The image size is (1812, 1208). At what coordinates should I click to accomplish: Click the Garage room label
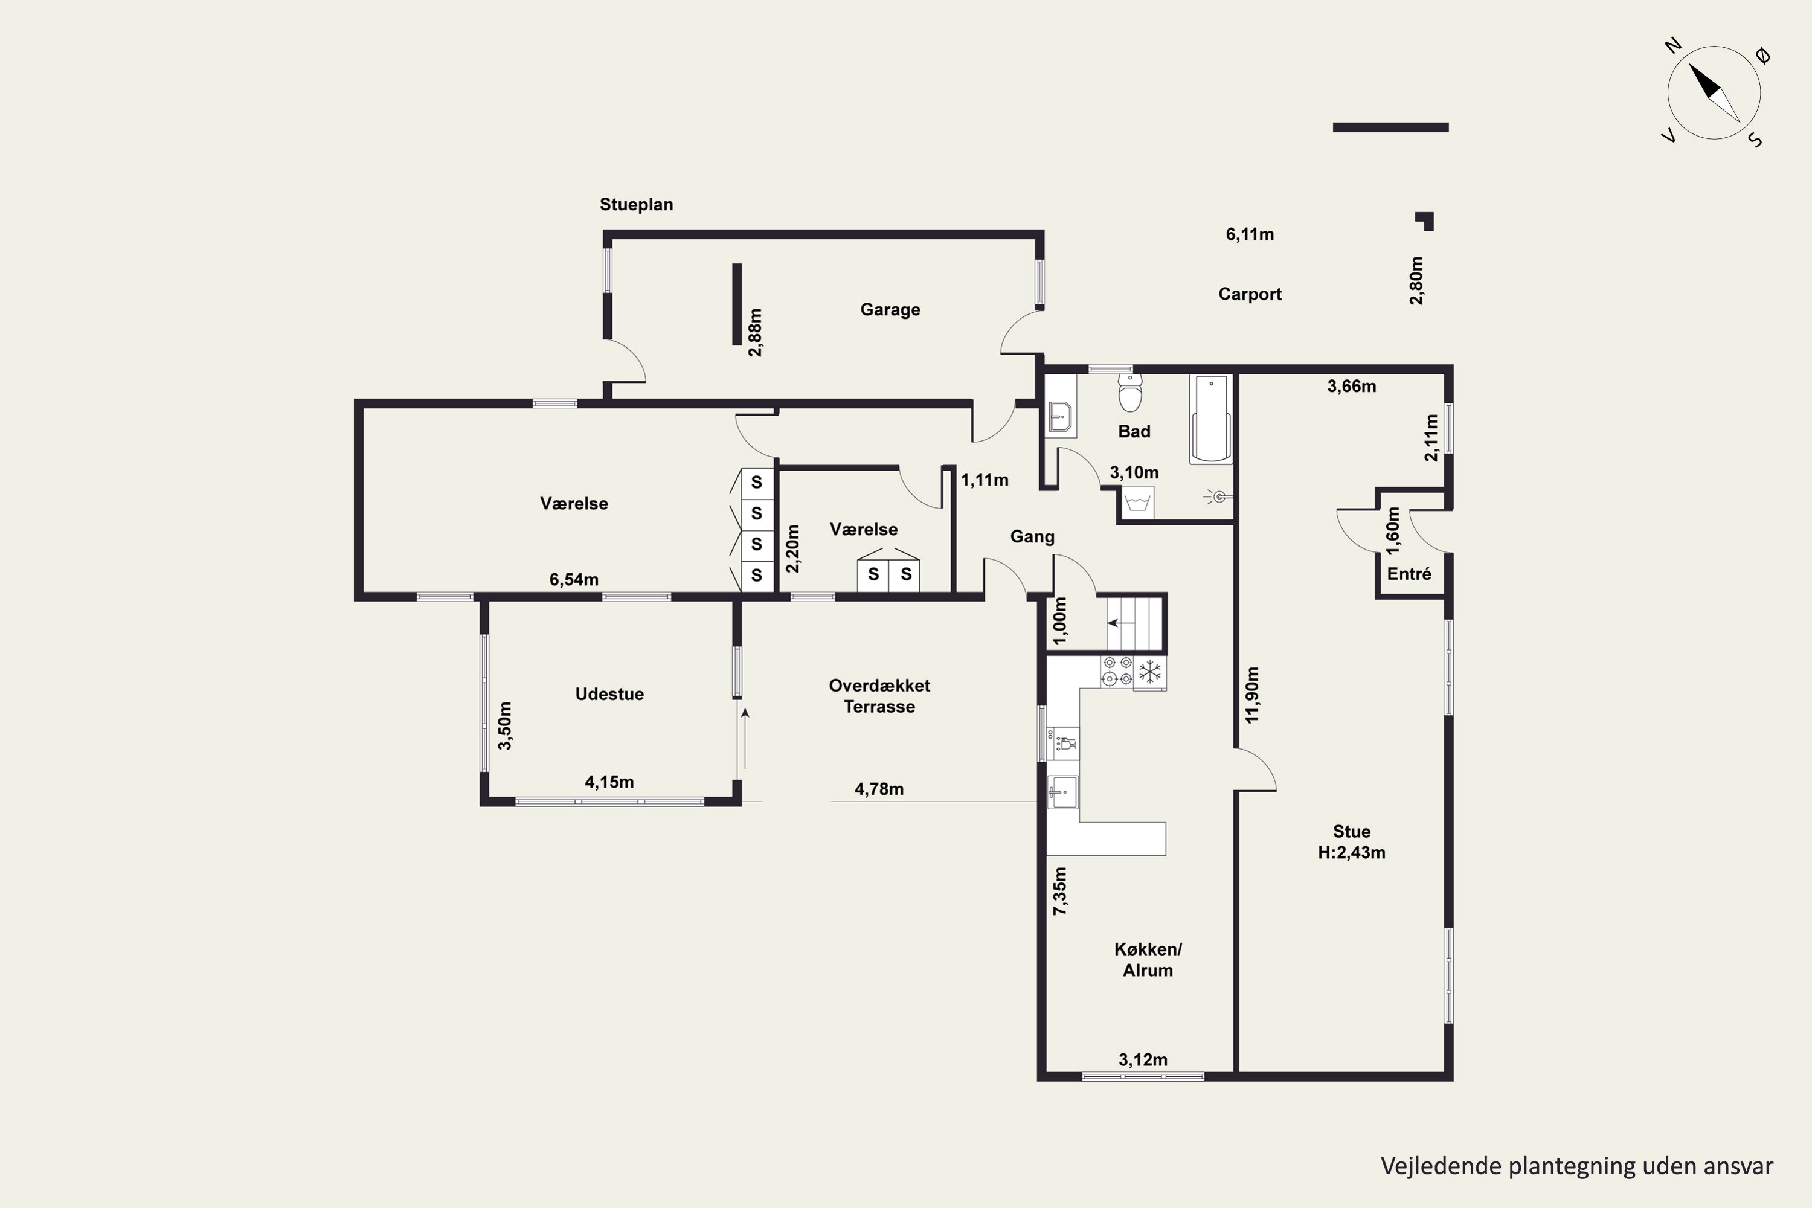(x=890, y=310)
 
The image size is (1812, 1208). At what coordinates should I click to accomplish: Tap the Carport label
(x=1250, y=294)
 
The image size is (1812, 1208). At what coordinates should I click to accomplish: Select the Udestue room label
(x=609, y=694)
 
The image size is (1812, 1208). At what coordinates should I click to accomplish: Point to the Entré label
(x=1409, y=574)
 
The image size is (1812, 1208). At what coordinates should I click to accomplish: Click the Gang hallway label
(x=1032, y=537)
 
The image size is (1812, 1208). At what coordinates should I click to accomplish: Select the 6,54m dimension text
(x=574, y=579)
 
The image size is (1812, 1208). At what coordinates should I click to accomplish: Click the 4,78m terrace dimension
(x=879, y=789)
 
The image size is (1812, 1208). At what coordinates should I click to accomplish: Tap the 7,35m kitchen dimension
(x=1060, y=892)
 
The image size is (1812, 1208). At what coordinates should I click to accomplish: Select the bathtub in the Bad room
(x=1211, y=419)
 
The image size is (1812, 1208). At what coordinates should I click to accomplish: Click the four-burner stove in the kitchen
(x=1117, y=671)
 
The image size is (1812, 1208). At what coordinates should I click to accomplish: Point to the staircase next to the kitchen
(x=1134, y=623)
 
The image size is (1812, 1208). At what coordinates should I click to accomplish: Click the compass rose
(x=1714, y=93)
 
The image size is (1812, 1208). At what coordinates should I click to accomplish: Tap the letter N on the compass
(x=1672, y=47)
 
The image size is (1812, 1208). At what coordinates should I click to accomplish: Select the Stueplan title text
(x=637, y=205)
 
